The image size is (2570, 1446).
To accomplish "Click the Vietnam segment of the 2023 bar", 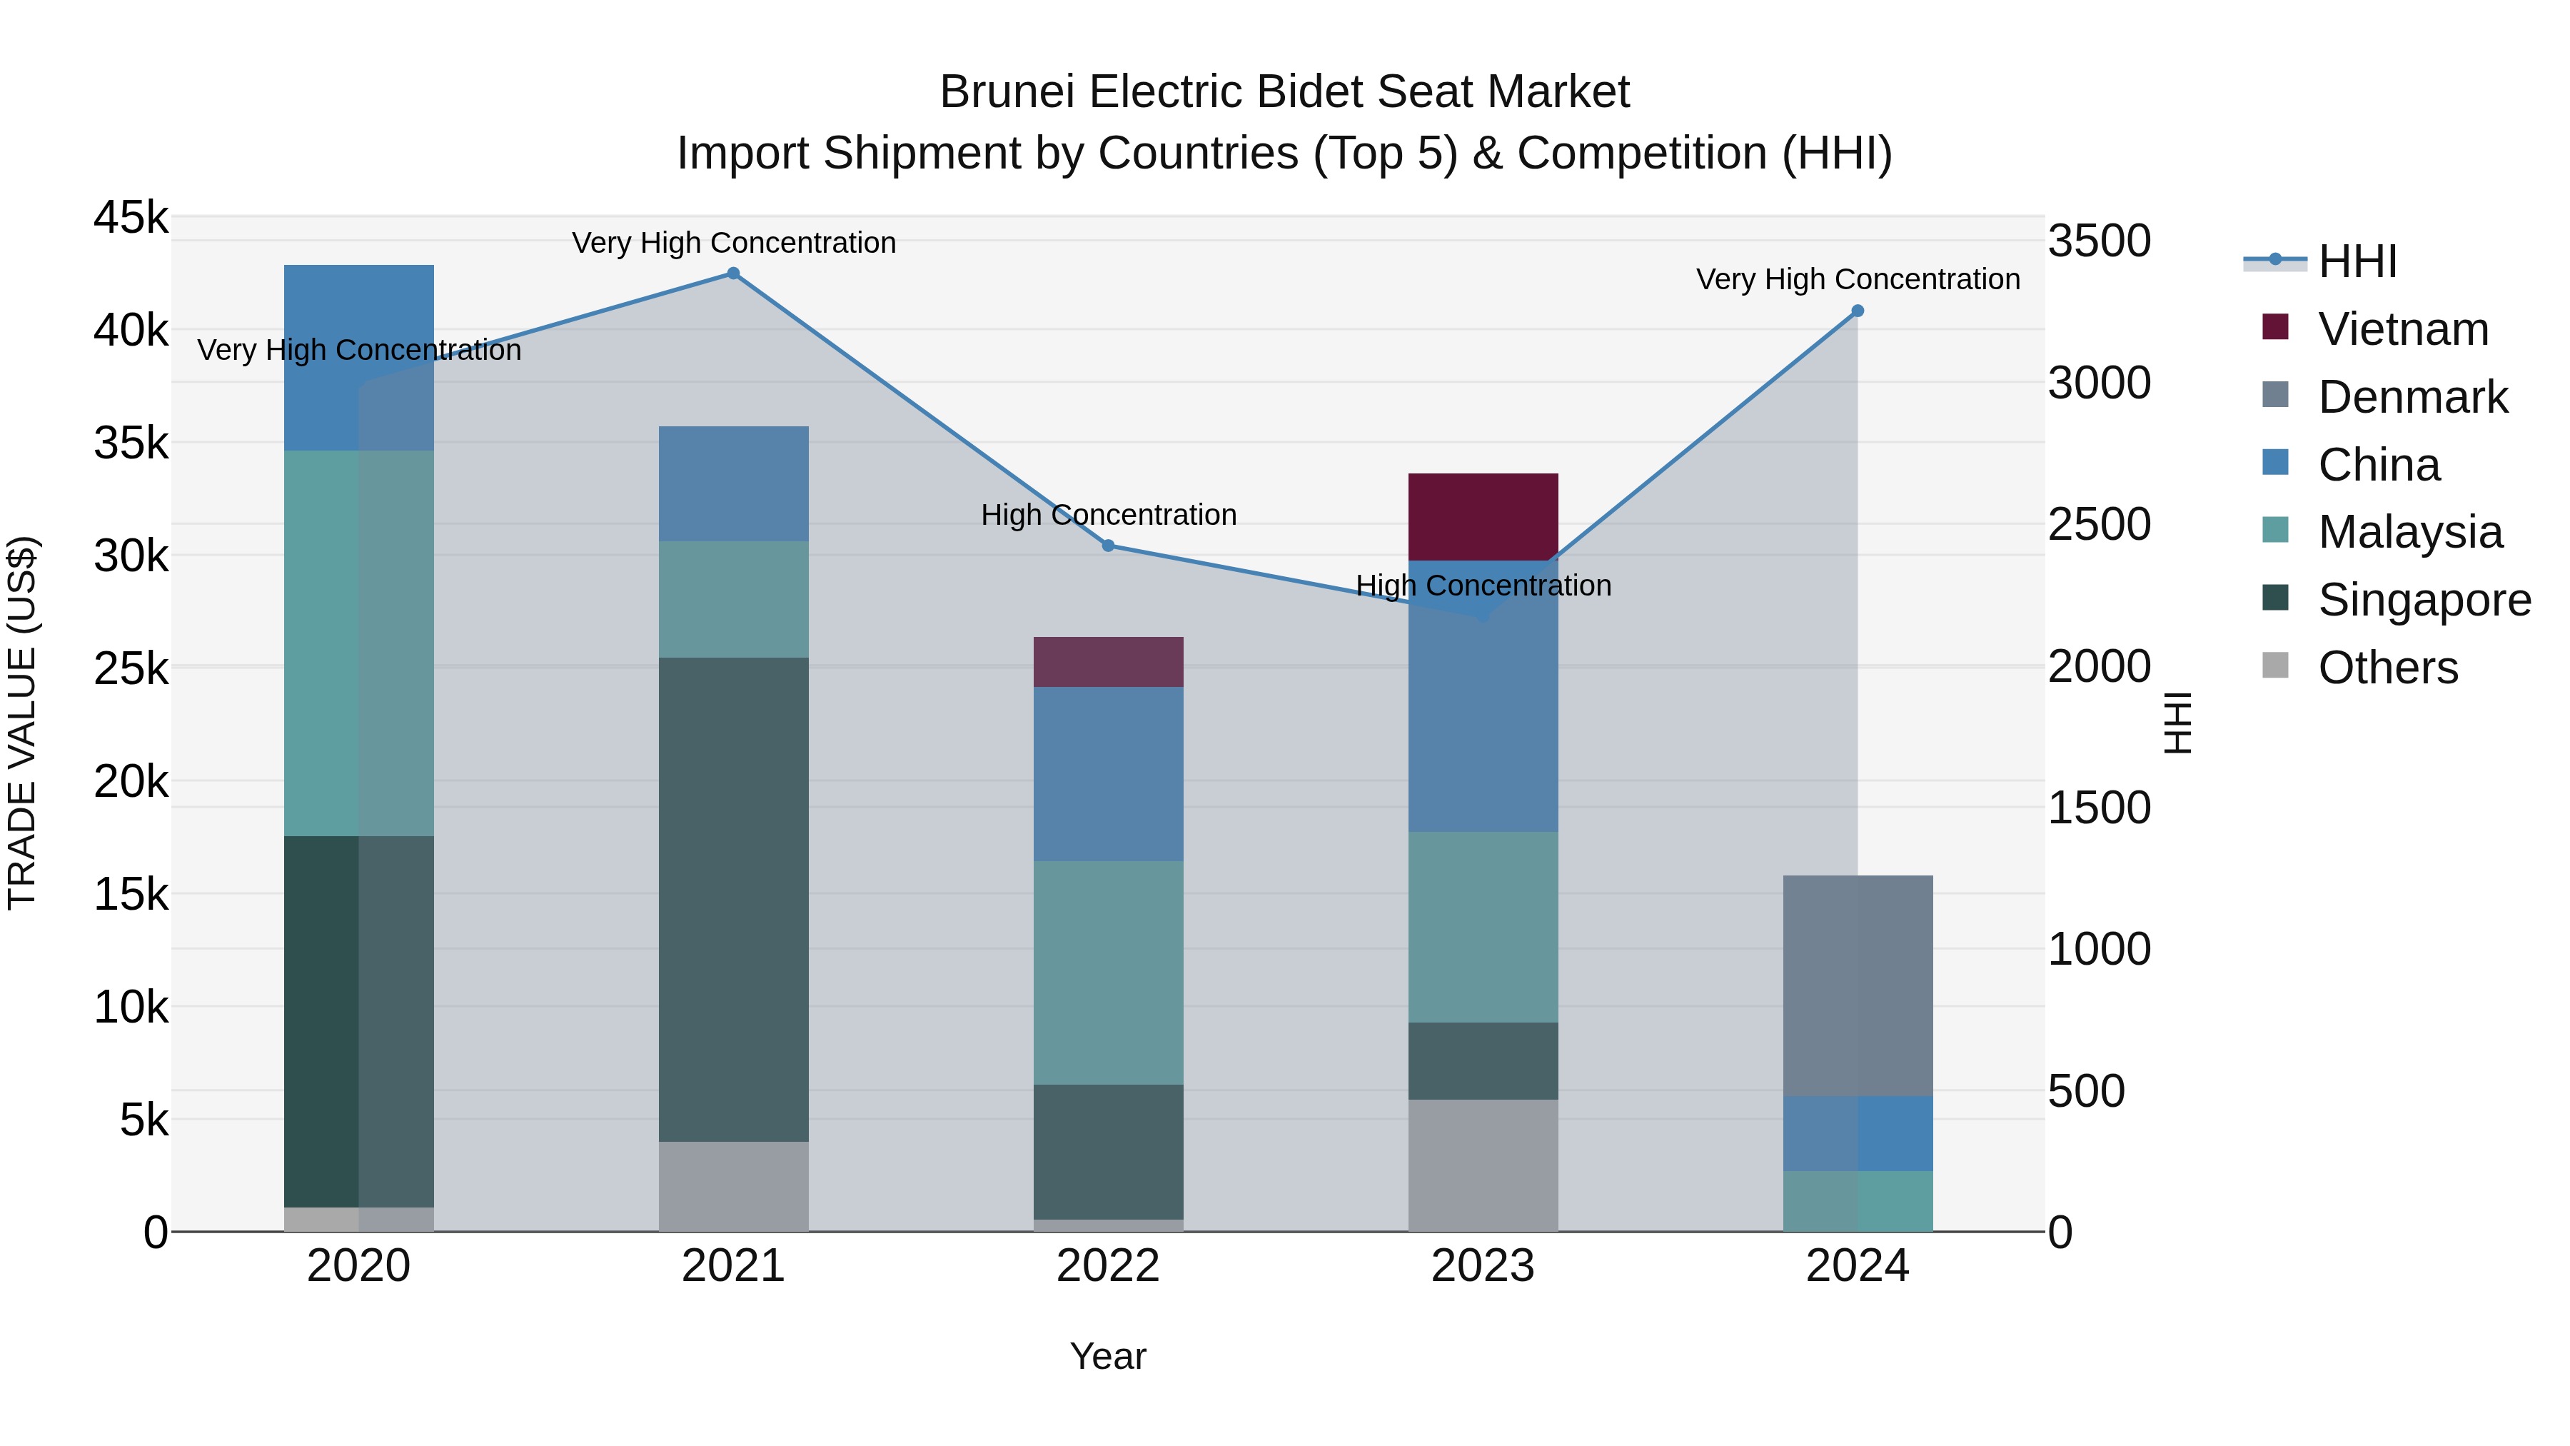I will pos(1483,516).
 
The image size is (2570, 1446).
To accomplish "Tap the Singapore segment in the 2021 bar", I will pos(733,898).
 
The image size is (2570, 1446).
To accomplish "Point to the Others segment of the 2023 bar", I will pos(1483,1165).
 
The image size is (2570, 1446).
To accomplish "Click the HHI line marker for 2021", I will pos(733,273).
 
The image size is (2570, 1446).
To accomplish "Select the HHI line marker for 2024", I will pos(1857,311).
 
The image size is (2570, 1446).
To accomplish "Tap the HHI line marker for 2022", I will pos(1107,546).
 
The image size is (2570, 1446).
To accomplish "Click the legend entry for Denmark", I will pos(2412,397).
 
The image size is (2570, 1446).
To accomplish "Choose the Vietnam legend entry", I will pos(2402,329).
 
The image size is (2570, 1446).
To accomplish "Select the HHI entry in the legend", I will pos(2357,261).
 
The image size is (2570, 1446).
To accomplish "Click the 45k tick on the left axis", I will pos(131,218).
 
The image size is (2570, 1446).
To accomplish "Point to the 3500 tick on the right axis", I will pos(2099,241).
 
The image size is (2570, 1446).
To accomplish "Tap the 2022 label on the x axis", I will pos(1107,1266).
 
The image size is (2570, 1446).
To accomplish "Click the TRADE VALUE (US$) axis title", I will pos(22,723).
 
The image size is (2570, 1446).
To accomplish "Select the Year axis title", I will pos(1107,1356).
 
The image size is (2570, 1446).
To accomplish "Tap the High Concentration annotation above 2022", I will pos(1107,515).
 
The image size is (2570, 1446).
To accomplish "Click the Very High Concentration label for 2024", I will pos(1857,279).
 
